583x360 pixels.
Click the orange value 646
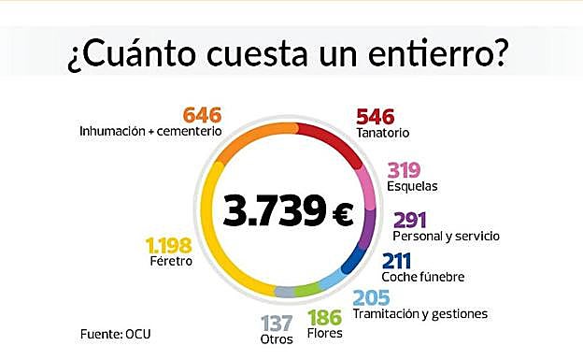(x=201, y=115)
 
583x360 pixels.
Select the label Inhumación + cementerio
(x=151, y=132)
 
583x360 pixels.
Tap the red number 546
(x=376, y=117)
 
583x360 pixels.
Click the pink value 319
(x=405, y=170)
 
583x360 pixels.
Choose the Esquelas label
(x=412, y=186)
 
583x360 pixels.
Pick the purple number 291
(x=412, y=221)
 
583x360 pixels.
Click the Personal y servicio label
(x=447, y=237)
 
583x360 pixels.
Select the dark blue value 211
(x=399, y=261)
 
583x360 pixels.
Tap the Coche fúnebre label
(x=422, y=277)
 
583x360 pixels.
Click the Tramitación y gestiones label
(x=419, y=313)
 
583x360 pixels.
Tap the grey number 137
(x=277, y=323)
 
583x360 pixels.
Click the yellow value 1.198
(x=168, y=246)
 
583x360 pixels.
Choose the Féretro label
(x=169, y=262)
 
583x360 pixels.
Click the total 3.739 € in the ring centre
(x=287, y=211)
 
